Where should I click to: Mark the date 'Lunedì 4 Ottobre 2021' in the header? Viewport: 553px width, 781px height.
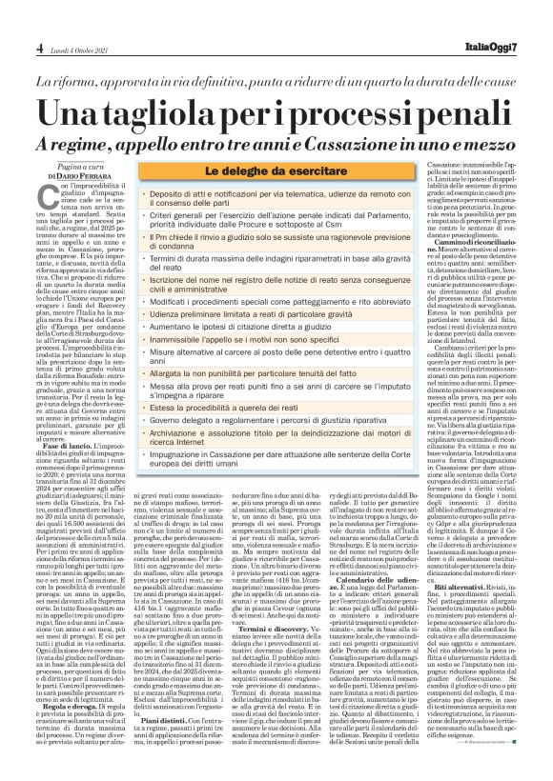(x=76, y=49)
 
